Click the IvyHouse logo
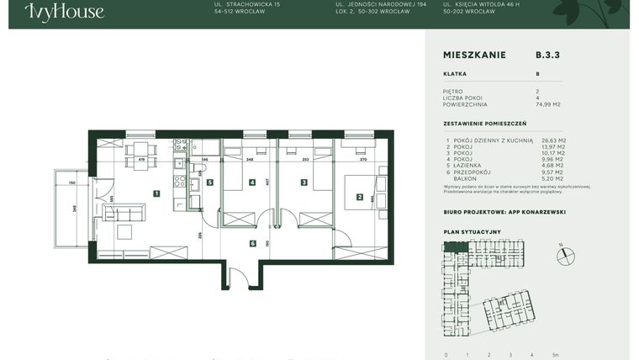point(64,11)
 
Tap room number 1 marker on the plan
point(156,193)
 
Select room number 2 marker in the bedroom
point(360,198)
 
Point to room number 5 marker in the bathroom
point(210,182)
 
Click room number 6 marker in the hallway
point(252,243)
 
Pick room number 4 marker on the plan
point(251,182)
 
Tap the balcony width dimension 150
point(72,183)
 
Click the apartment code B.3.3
point(547,55)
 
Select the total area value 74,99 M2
point(548,104)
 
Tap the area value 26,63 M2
point(553,140)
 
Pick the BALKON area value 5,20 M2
point(553,177)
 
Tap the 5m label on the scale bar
point(556,354)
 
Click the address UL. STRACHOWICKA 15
point(248,5)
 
